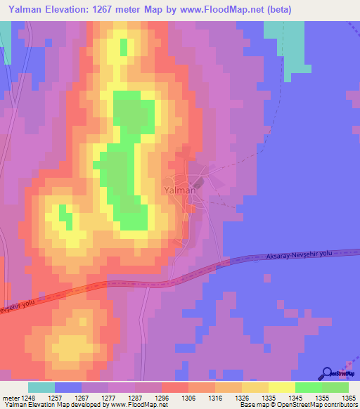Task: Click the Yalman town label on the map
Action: tap(180, 190)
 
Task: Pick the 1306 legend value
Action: tap(189, 398)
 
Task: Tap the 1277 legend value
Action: tap(109, 398)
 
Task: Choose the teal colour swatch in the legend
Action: tap(41, 387)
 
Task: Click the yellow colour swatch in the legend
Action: tap(282, 387)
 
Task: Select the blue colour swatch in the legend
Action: tap(68, 387)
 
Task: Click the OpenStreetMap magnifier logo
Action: tap(326, 373)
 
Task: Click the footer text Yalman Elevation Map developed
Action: tap(46, 405)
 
